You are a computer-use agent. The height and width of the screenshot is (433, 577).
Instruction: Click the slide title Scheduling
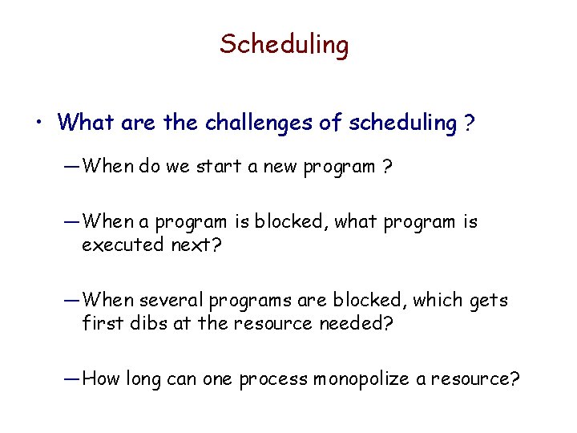tap(284, 44)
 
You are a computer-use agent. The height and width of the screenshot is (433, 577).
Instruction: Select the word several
tap(171, 300)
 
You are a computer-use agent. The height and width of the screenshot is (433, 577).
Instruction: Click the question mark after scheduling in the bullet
tap(466, 123)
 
